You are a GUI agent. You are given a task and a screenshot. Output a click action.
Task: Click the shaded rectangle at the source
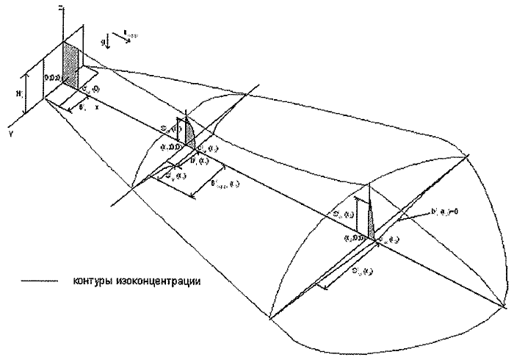pyautogui.click(x=72, y=62)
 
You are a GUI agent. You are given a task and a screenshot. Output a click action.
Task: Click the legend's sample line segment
pyautogui.click(x=37, y=281)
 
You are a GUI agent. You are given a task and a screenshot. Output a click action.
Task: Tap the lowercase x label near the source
pyautogui.click(x=96, y=107)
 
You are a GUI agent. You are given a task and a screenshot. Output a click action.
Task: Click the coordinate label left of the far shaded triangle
pyautogui.click(x=355, y=239)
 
